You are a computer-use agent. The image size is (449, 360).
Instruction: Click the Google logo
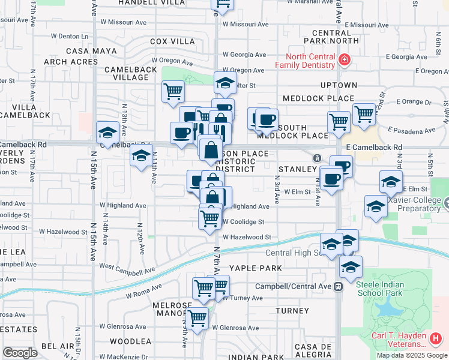20,352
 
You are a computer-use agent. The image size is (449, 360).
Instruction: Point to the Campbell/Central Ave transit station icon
339,286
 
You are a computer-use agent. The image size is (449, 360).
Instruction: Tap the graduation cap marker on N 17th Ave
107,133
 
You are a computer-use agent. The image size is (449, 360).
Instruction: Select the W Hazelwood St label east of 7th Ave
247,237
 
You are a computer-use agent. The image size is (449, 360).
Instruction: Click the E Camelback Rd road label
374,147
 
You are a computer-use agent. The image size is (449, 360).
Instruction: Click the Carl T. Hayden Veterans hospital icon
436,339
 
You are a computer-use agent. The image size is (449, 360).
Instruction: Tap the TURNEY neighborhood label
292,311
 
